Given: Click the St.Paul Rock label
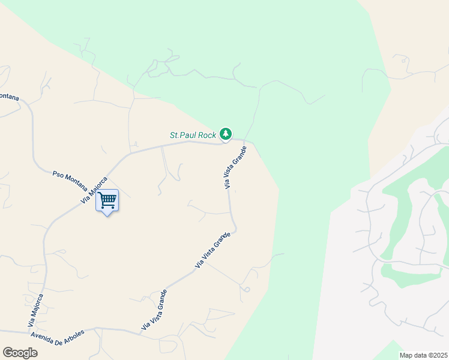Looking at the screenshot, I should (x=193, y=135).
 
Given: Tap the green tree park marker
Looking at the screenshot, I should (x=225, y=133).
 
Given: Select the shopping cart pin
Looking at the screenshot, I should (x=107, y=200).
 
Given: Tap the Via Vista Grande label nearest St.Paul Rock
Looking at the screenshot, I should (x=236, y=167).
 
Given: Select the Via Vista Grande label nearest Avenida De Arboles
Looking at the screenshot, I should (x=154, y=310).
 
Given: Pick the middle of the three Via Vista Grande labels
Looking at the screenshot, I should (x=212, y=250).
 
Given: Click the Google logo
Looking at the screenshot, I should (x=20, y=352).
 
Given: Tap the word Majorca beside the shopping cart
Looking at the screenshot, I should (x=97, y=186).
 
